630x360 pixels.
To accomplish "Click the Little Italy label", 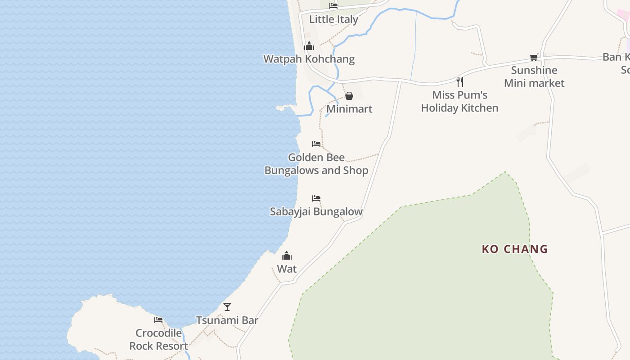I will pos(333,19).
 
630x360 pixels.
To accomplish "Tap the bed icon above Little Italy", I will pos(333,6).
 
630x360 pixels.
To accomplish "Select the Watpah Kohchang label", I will pos(309,59).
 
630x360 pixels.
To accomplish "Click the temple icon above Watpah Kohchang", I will pos(309,46).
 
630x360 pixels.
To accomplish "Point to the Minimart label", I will pos(349,109).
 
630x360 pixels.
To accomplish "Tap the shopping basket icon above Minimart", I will pos(349,96).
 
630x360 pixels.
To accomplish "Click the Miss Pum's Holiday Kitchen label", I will pos(459,101).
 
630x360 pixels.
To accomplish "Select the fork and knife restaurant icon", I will pos(459,81).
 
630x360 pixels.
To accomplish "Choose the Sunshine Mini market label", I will pos(534,76).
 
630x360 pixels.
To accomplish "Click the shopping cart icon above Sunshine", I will pos(534,57).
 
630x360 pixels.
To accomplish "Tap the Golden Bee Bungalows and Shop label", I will pos(316,164).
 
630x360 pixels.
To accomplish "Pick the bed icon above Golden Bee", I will pos(316,144).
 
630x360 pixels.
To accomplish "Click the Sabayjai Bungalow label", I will pos(316,211).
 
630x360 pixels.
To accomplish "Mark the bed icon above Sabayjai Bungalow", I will pos(316,198).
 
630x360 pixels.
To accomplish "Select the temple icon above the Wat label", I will pos(287,256).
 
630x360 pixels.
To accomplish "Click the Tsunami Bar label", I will pos(227,320).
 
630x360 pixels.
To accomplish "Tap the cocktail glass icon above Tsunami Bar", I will pos(227,307).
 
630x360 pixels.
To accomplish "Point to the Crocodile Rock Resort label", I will pos(158,339).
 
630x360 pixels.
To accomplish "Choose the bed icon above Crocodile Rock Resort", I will pos(158,320).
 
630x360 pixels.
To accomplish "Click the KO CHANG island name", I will pos(515,249).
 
